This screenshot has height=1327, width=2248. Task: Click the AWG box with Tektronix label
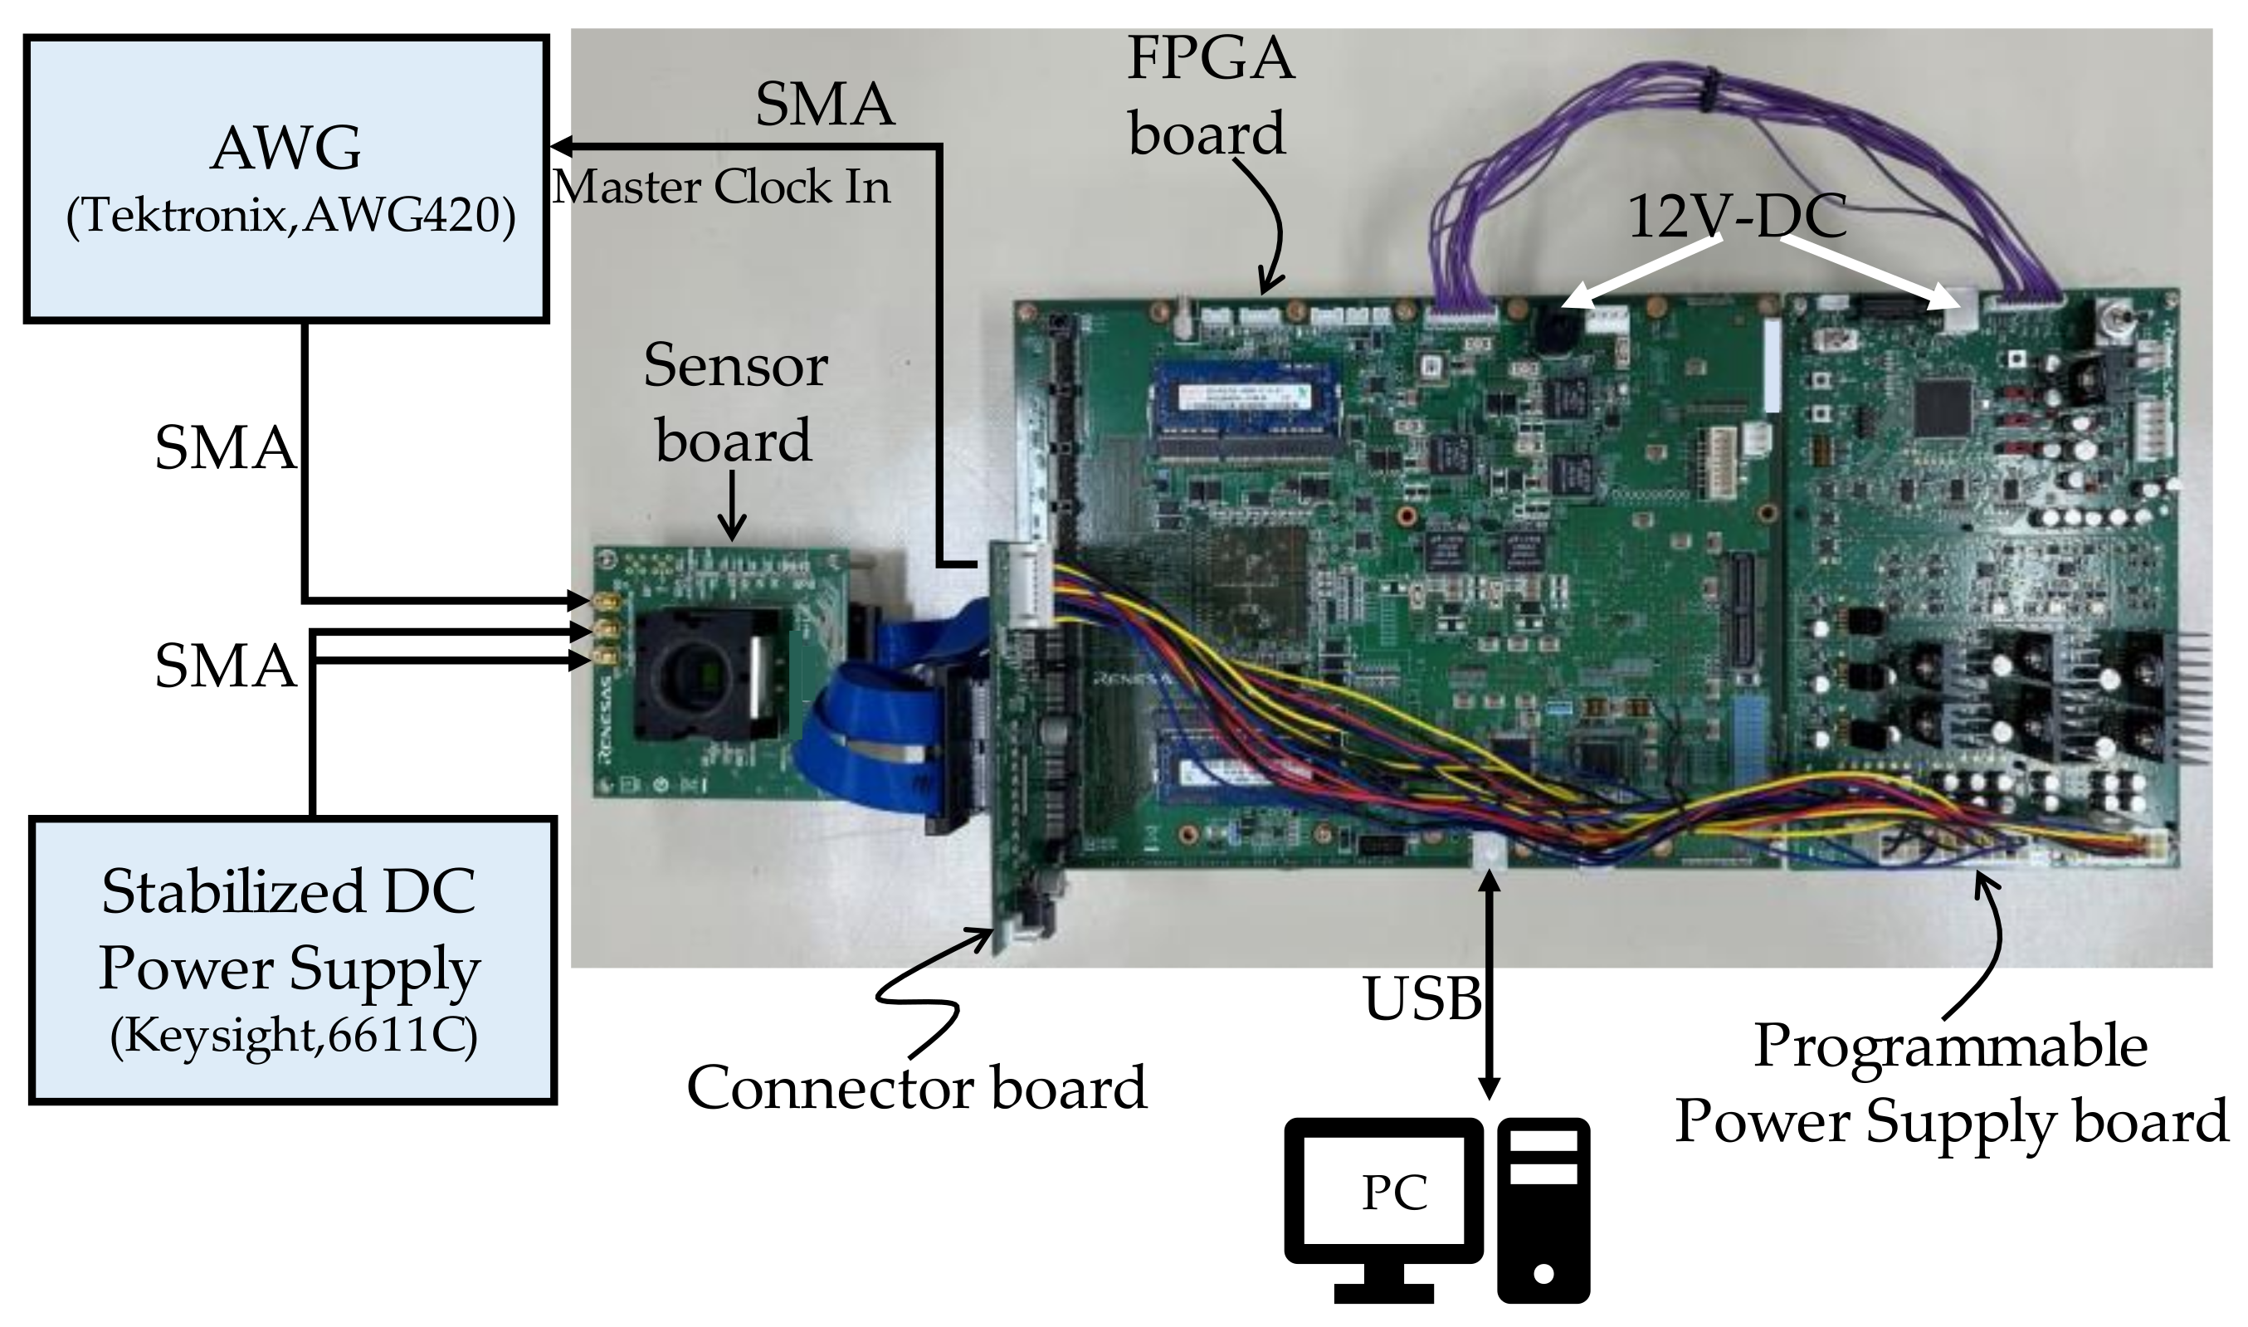286,178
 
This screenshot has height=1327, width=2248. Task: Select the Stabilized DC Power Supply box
292,960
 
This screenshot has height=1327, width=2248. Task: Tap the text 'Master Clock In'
722,188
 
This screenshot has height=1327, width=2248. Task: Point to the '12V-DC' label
1736,217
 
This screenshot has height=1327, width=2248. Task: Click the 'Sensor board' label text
734,403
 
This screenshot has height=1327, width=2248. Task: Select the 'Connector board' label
916,1089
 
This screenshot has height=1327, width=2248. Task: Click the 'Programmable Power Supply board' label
1952,1084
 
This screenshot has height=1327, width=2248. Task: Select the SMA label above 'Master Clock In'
824,105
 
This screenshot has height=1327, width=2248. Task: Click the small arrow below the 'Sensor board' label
732,505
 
